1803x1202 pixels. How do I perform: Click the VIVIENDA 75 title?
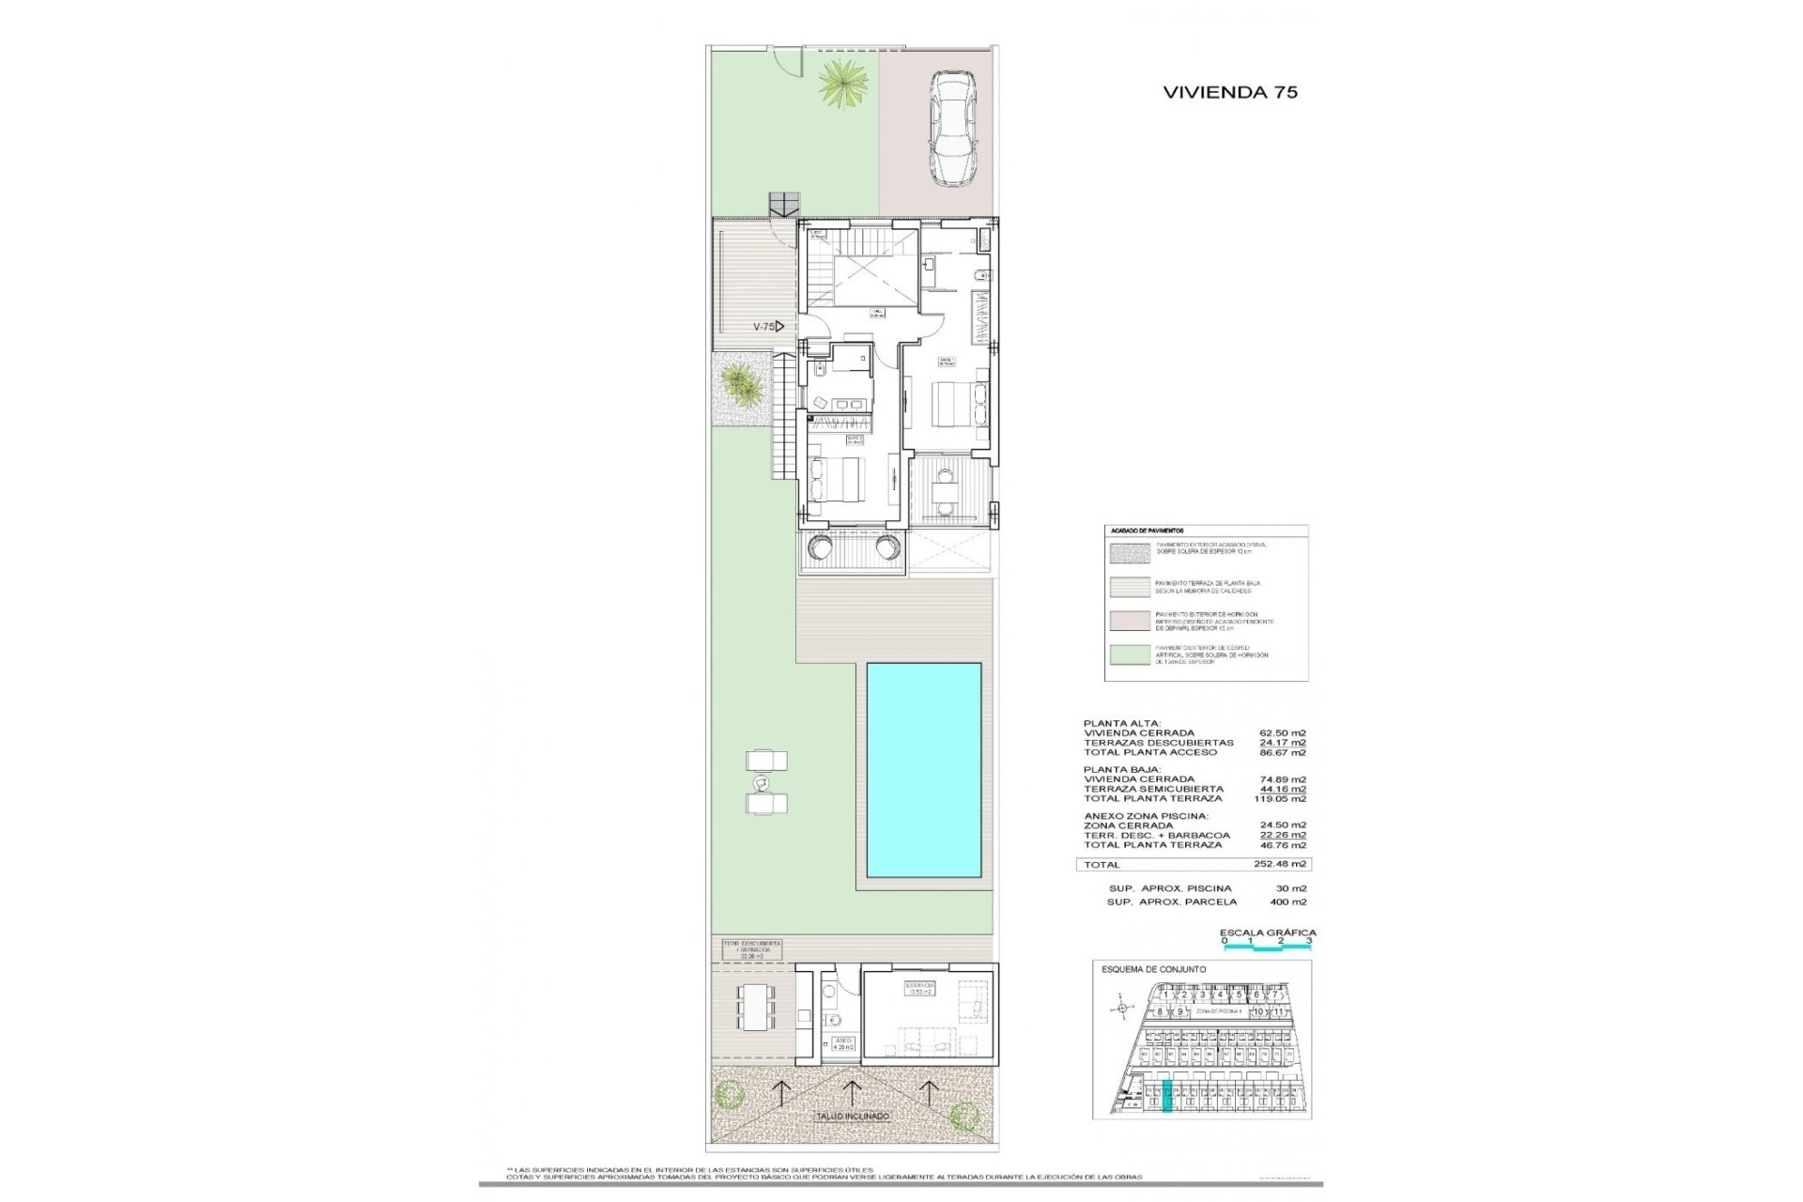click(x=1229, y=92)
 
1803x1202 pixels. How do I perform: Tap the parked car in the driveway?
click(x=951, y=130)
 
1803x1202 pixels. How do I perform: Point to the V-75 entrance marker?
click(x=767, y=327)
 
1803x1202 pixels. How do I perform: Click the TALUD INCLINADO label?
click(x=852, y=1117)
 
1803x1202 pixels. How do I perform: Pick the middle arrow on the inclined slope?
click(x=852, y=1091)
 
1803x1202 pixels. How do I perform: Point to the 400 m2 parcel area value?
click(x=1287, y=901)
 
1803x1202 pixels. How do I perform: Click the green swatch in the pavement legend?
click(x=1129, y=655)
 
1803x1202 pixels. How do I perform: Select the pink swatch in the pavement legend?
click(x=1129, y=621)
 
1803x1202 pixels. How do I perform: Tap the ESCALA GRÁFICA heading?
click(x=1267, y=932)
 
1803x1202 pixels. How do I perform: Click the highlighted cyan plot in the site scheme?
click(x=1167, y=1097)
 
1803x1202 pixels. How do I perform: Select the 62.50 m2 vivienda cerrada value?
click(x=1282, y=733)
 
